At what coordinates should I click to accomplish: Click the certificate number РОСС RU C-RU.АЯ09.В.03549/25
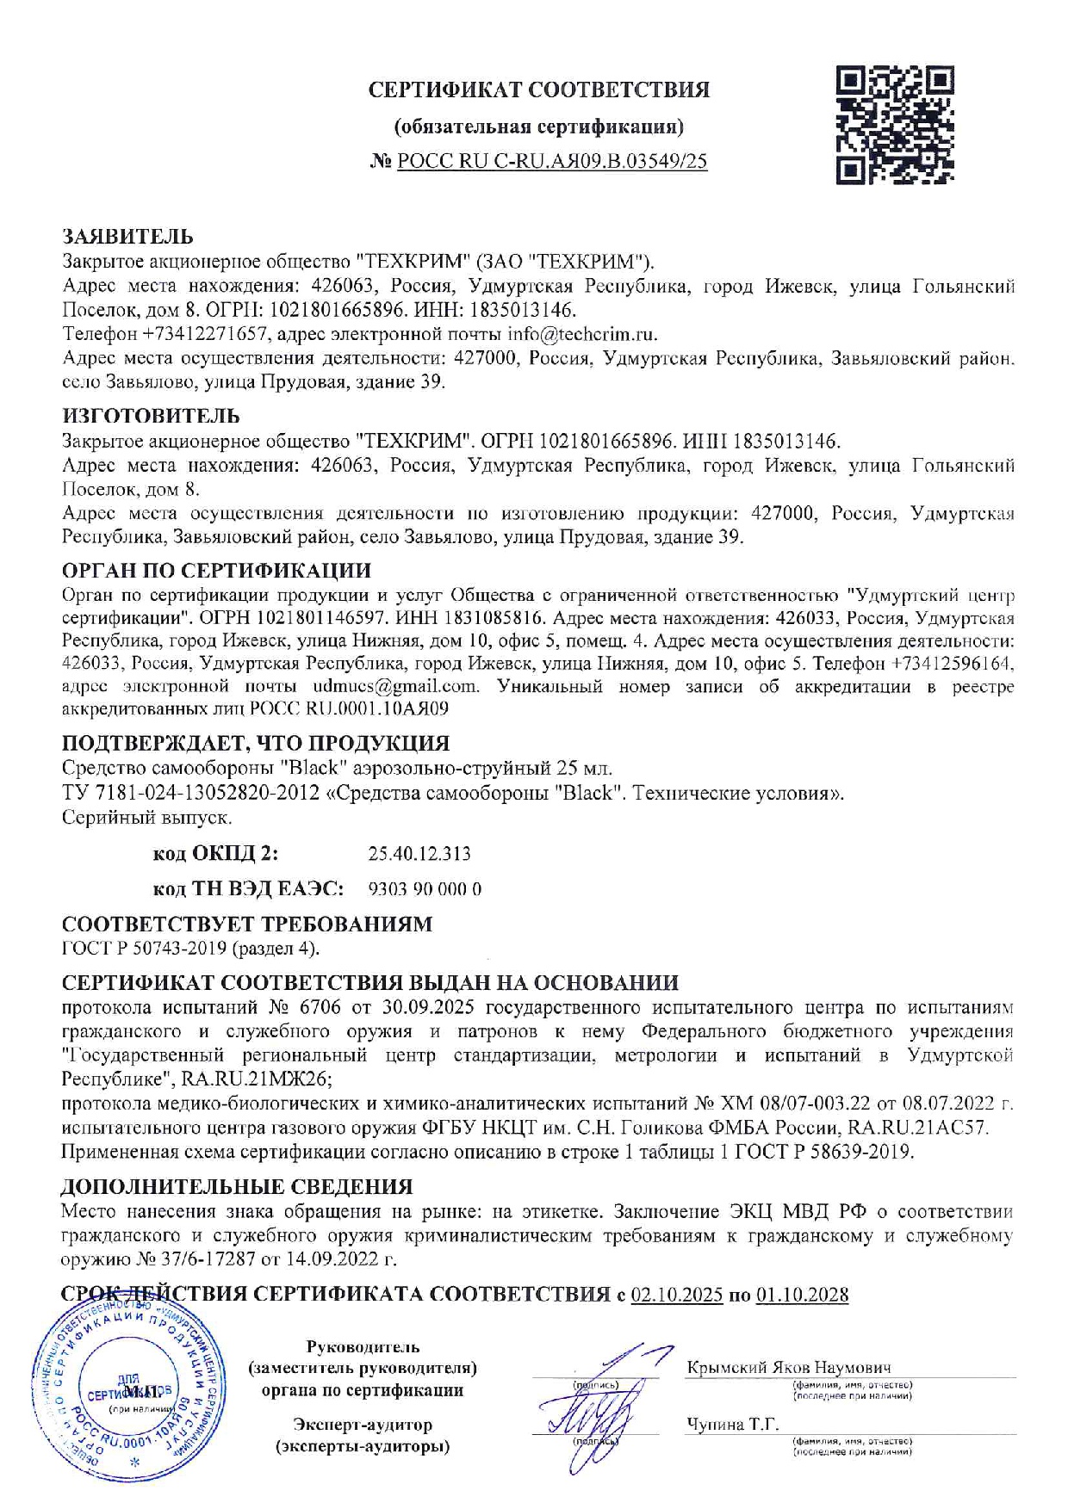(552, 161)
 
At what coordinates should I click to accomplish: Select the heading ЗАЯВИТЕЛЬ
(127, 236)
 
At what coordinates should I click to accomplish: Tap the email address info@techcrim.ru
(581, 333)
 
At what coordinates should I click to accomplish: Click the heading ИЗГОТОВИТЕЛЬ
(151, 416)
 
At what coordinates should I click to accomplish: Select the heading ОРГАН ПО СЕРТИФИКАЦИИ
(216, 570)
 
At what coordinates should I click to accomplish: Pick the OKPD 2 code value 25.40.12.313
(419, 854)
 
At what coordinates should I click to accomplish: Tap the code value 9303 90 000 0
(425, 889)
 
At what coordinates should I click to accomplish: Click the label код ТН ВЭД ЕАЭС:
(248, 889)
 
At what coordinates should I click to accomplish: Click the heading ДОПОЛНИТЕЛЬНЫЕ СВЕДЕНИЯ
(237, 1186)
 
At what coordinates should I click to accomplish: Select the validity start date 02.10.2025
(677, 1295)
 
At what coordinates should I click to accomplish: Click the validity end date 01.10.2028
(802, 1295)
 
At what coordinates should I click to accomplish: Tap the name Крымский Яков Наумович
(789, 1367)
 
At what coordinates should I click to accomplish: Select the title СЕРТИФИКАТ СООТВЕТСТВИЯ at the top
(539, 90)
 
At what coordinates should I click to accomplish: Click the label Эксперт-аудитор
(363, 1425)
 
